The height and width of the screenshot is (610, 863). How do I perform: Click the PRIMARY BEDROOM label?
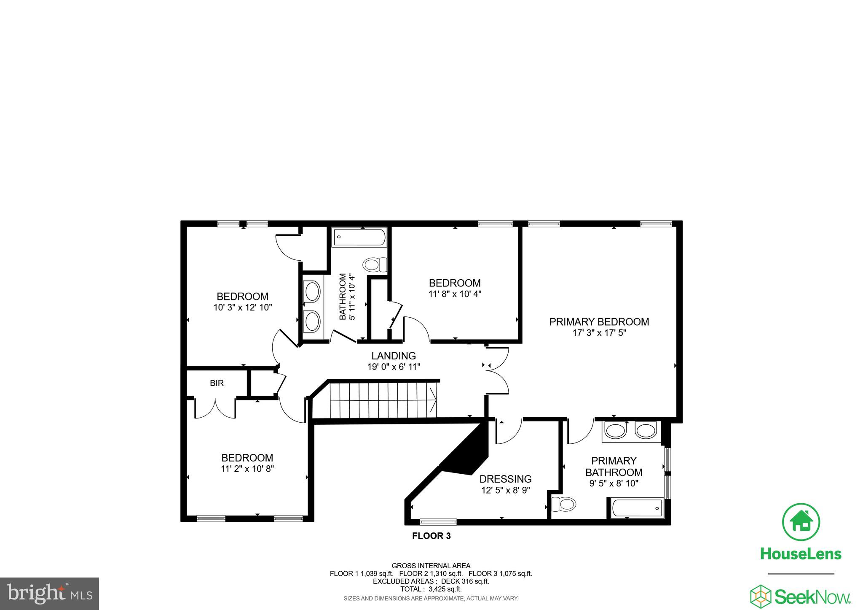pyautogui.click(x=599, y=322)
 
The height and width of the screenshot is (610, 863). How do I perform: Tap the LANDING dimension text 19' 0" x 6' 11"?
pyautogui.click(x=394, y=367)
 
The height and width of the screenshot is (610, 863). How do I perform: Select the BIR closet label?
pyautogui.click(x=217, y=383)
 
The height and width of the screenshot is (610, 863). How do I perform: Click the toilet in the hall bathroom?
pyautogui.click(x=375, y=265)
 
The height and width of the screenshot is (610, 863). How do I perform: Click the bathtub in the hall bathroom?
pyautogui.click(x=359, y=238)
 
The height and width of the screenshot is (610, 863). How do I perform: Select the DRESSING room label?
pyautogui.click(x=505, y=479)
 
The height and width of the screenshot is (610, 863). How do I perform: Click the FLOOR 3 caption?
pyautogui.click(x=431, y=536)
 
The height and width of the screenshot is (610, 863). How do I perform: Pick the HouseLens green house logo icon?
pyautogui.click(x=801, y=522)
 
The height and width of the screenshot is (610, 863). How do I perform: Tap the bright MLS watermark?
pyautogui.click(x=49, y=594)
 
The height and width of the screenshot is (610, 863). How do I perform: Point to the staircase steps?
pyautogui.click(x=381, y=399)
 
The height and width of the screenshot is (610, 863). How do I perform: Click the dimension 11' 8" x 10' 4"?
pyautogui.click(x=455, y=294)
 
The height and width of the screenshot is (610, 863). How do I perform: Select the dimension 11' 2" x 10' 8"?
pyautogui.click(x=247, y=469)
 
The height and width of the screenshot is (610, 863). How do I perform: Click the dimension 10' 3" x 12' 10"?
pyautogui.click(x=242, y=308)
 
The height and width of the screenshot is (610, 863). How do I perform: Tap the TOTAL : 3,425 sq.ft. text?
pyautogui.click(x=431, y=589)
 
